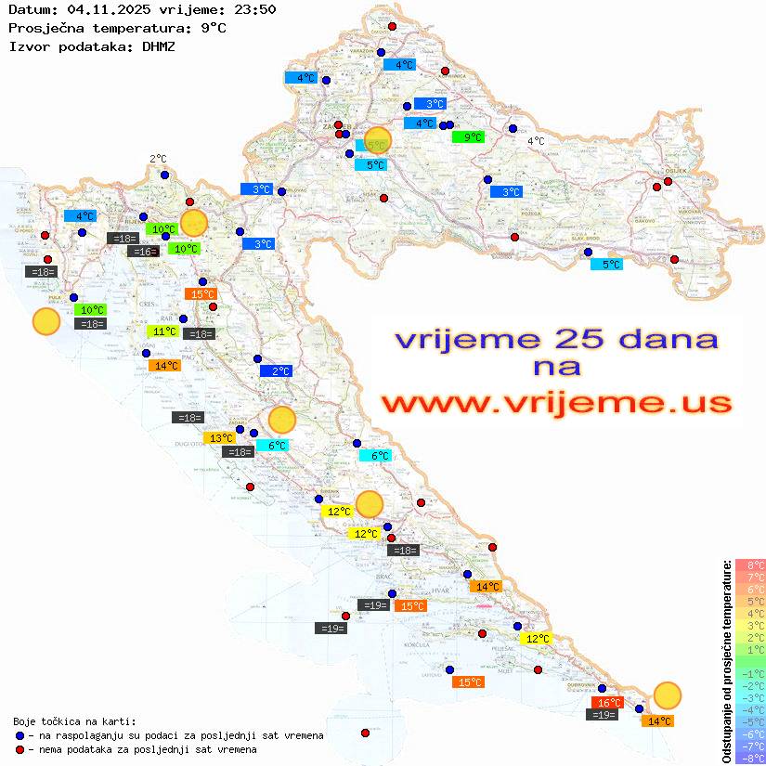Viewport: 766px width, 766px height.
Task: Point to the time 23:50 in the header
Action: [255, 9]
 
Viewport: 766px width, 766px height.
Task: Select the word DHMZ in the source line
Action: [159, 45]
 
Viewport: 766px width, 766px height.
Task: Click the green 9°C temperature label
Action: [468, 137]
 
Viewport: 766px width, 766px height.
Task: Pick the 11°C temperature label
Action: [163, 331]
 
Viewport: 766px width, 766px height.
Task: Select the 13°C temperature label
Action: [220, 438]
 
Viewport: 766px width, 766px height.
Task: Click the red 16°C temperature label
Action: [607, 703]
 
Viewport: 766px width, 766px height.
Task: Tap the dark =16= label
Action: [143, 252]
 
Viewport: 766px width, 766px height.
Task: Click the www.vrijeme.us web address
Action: [556, 403]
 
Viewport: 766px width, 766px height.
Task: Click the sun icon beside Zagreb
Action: [378, 139]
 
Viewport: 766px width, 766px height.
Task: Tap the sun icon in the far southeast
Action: [667, 695]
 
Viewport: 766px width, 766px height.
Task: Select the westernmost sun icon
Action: [46, 321]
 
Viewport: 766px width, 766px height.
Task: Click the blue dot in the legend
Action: [20, 735]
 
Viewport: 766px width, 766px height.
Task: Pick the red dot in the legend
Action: [20, 749]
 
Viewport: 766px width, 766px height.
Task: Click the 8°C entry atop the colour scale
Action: [750, 565]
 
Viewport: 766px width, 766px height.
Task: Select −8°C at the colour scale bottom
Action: [750, 759]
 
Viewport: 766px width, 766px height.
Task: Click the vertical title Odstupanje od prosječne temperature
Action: [726, 660]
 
